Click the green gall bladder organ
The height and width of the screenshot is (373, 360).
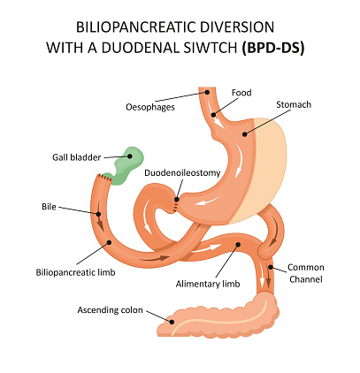(x=126, y=162)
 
